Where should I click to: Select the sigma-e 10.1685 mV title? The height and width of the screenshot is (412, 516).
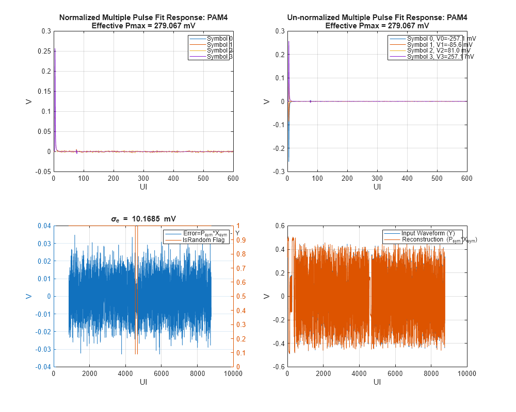(x=143, y=219)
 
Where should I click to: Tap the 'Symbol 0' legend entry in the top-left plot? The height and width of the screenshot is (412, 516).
(x=219, y=39)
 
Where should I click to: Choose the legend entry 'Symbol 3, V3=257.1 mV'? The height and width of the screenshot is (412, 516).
(x=440, y=57)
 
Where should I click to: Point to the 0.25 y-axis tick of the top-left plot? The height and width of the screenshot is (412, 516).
(x=45, y=51)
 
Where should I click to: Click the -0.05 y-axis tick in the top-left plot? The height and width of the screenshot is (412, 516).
(x=43, y=171)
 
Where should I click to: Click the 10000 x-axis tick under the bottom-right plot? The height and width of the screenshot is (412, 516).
(x=466, y=373)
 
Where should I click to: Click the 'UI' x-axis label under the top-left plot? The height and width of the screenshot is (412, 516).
(x=143, y=186)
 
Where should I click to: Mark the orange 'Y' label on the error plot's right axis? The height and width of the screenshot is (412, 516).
(x=237, y=233)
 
